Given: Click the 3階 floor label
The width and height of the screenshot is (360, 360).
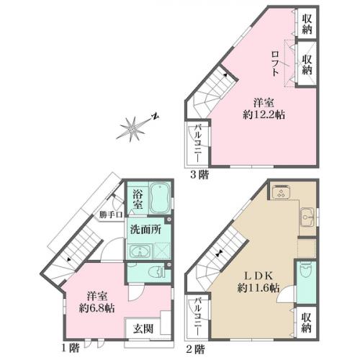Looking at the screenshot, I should point(199,174).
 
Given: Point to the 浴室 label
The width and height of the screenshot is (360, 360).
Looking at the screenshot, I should point(137,200).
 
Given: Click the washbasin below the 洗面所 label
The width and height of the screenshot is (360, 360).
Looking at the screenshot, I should point(139,251).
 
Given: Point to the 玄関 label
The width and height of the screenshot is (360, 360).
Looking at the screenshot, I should point(142,329).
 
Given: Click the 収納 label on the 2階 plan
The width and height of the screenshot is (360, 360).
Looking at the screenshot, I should point(306,322).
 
